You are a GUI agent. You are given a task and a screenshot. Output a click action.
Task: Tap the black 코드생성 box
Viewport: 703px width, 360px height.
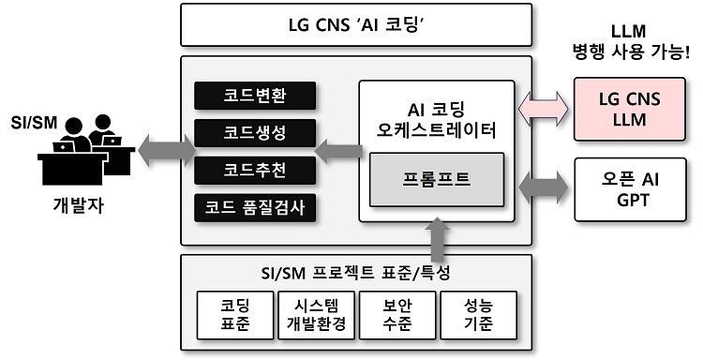[254, 133]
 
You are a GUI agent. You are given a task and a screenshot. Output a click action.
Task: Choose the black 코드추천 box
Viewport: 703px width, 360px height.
[254, 170]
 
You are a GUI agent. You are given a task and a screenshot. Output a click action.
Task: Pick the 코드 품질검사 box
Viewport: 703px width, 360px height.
[254, 206]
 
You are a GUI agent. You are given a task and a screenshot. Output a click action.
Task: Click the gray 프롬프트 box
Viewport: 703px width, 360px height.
[437, 177]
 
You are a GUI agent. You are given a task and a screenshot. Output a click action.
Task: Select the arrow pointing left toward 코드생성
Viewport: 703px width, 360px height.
[338, 147]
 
